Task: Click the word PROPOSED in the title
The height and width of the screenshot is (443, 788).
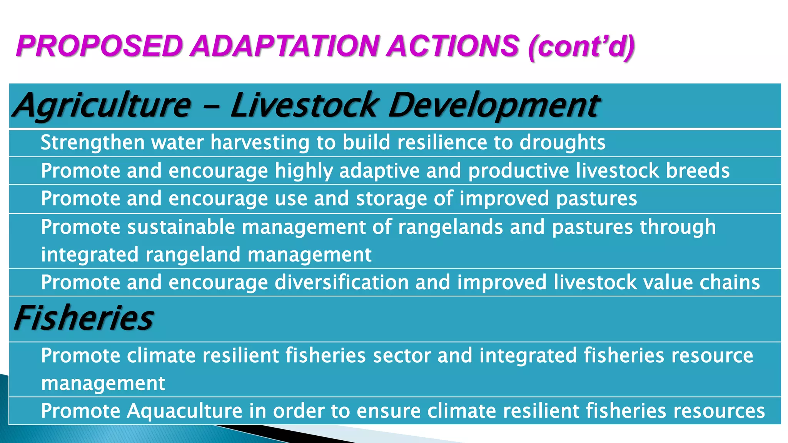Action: pyautogui.click(x=99, y=46)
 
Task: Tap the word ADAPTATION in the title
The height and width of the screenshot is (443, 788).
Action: pyautogui.click(x=285, y=46)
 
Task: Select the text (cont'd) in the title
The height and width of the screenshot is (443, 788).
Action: pyautogui.click(x=581, y=47)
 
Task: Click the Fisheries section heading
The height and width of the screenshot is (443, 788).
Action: pyautogui.click(x=84, y=318)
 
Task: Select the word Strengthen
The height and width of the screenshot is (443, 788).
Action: pyautogui.click(x=92, y=143)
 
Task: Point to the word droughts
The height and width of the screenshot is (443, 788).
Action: pyautogui.click(x=563, y=143)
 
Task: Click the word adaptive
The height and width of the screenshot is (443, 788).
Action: pyautogui.click(x=379, y=171)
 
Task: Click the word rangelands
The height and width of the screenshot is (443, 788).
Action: pyautogui.click(x=450, y=227)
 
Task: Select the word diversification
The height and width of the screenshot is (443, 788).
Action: pyautogui.click(x=341, y=283)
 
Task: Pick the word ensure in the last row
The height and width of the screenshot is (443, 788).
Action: pyautogui.click(x=389, y=411)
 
